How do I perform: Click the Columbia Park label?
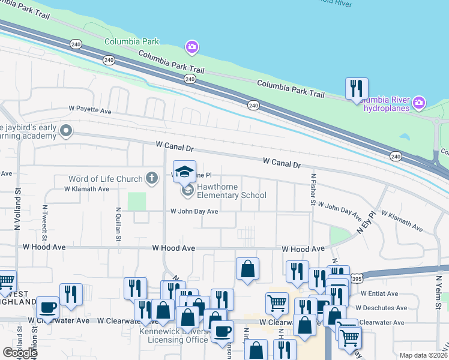click(x=131, y=41)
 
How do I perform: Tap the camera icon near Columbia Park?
click(x=191, y=47)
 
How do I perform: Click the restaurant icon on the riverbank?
click(x=357, y=89)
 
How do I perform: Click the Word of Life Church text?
click(x=106, y=179)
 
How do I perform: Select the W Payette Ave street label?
click(x=89, y=112)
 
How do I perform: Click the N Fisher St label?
click(x=313, y=190)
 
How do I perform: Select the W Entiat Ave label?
click(x=379, y=293)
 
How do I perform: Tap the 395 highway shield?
click(x=357, y=279)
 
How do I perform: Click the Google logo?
click(x=19, y=353)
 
